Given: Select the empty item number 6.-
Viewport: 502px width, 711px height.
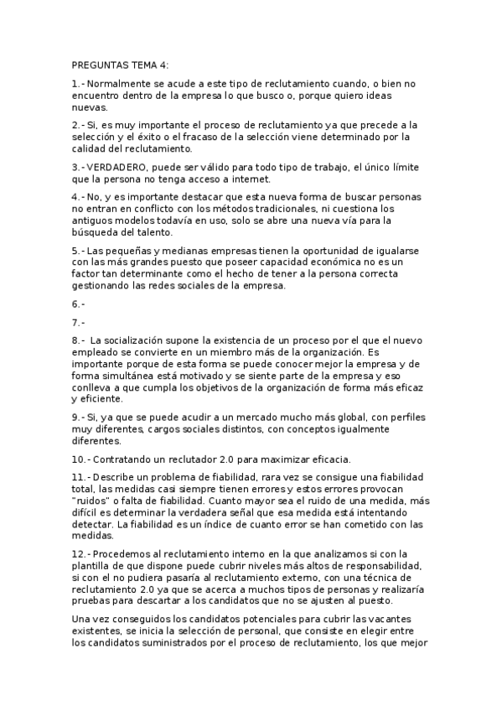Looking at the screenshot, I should [78, 303].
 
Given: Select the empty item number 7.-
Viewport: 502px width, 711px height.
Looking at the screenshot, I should [78, 321].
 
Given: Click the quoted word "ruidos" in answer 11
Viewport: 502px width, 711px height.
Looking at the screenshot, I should [93, 500].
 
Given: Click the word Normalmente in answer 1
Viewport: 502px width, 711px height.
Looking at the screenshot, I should [120, 84].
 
